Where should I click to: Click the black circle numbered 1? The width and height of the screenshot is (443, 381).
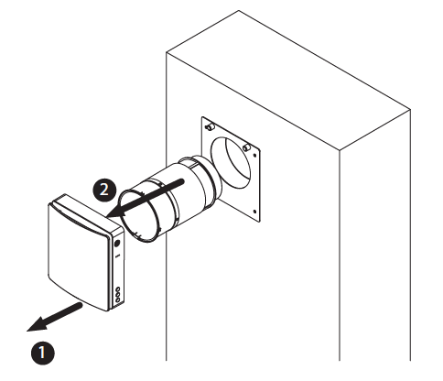coord(43,353)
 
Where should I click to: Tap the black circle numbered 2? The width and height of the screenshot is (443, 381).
coord(104,190)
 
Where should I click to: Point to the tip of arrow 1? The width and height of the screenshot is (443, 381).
coord(27,331)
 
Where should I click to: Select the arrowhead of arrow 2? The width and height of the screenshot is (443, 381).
coord(116,212)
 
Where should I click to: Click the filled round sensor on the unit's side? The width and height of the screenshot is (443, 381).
coord(117,244)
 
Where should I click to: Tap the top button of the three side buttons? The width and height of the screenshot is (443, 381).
coord(118,289)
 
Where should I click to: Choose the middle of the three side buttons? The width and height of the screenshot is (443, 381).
coord(118,295)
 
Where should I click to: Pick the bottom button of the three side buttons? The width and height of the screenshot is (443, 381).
coord(118,300)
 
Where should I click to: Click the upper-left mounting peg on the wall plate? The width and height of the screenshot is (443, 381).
coord(210,126)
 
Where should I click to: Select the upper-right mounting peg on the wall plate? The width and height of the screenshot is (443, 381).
coord(246,147)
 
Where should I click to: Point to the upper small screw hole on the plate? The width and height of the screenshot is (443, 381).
coord(255,155)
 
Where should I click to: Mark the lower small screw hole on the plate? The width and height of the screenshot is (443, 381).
coord(255,212)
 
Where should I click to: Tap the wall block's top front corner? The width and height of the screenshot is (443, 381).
coord(340,150)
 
